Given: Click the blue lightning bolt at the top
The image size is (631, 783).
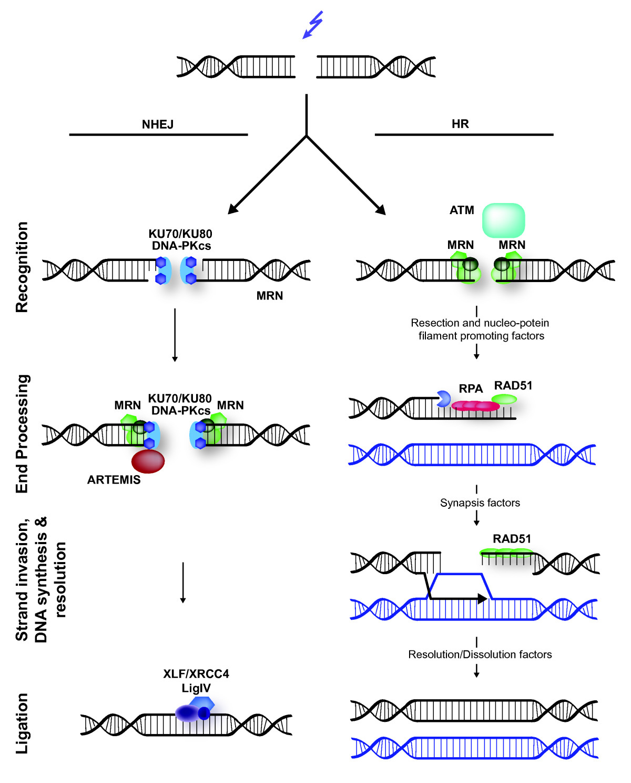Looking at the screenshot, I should (313, 25).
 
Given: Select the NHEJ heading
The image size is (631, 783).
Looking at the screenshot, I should (158, 125).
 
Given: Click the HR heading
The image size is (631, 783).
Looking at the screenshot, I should (460, 124).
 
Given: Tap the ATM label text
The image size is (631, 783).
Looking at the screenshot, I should (462, 210).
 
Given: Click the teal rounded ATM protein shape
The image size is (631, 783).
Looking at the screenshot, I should (503, 220).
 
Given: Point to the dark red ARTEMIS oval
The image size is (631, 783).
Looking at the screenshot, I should (148, 461).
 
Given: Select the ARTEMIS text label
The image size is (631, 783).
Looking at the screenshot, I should (114, 480).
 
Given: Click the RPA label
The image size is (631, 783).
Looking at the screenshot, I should (471, 389).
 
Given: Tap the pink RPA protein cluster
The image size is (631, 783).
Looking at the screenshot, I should (475, 406).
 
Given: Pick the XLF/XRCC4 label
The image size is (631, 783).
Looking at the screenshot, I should (196, 674).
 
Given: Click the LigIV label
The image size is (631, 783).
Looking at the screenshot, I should (196, 688).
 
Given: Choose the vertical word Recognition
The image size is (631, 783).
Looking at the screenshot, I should (22, 267).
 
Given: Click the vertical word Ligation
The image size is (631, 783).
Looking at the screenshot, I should (22, 723).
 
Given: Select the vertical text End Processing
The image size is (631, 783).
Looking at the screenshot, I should (22, 434).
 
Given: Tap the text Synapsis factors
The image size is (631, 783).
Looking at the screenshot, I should (480, 503).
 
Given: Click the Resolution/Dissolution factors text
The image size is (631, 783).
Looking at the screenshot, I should (480, 655).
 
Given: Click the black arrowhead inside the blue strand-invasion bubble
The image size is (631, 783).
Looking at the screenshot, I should (481, 598).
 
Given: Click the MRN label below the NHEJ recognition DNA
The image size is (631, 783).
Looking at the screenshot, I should (270, 296).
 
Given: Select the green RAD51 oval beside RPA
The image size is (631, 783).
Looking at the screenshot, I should (505, 399).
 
